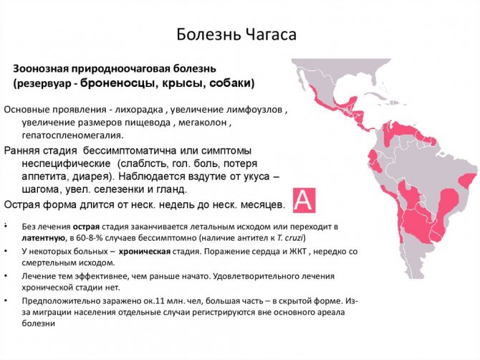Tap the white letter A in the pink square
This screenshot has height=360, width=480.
(x=304, y=200)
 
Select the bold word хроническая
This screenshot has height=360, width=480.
(x=145, y=251)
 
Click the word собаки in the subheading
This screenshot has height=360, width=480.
(x=229, y=83)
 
